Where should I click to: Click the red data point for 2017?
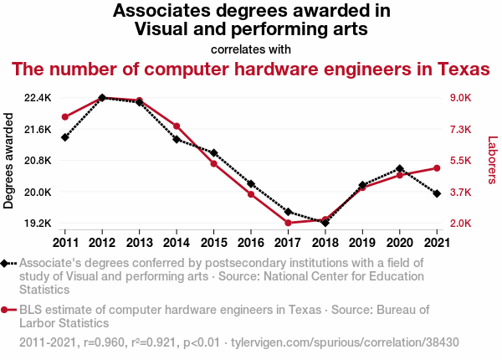pos(288,223)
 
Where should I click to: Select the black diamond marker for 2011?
pos(64,137)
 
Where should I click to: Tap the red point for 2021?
pos(437,168)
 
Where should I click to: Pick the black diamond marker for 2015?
pos(213,153)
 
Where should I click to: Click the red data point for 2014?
pos(177,126)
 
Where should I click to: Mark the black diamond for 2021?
pos(437,193)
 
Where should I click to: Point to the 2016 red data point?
pos(251,194)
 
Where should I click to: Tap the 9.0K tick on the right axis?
pos(462,98)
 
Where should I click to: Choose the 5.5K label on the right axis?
pos(462,161)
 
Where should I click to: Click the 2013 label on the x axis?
pos(139,243)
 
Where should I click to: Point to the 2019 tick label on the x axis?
pos(362,243)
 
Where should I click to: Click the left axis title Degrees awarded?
pos(10,161)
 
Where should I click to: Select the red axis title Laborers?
pos(492,161)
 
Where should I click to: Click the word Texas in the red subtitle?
pos(455,68)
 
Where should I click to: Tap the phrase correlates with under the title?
pos(251,49)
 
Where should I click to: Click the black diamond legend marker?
pos(7,263)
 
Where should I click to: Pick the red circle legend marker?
pos(7,310)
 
